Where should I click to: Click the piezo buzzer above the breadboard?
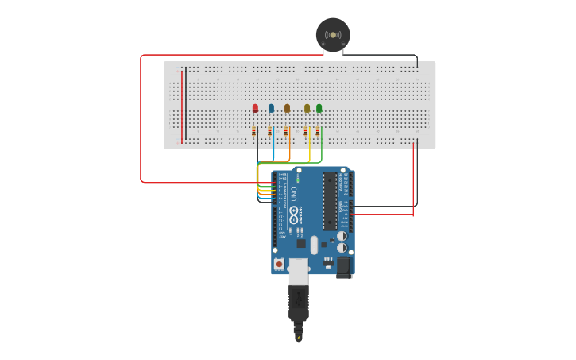click(x=333, y=34)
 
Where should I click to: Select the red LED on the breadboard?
click(x=255, y=108)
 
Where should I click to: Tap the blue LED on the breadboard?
click(x=271, y=108)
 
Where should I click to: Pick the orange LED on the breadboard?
click(x=288, y=108)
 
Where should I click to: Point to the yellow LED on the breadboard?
click(x=307, y=108)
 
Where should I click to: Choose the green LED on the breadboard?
click(x=319, y=108)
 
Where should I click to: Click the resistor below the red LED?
click(x=254, y=132)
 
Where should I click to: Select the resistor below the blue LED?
click(x=270, y=132)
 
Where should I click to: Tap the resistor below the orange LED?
click(x=288, y=132)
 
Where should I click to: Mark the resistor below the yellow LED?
click(x=306, y=132)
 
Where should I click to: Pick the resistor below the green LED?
click(x=318, y=132)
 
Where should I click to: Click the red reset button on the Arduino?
click(x=279, y=263)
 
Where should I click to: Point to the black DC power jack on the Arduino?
click(x=344, y=267)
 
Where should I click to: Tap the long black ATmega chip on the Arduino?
click(x=329, y=201)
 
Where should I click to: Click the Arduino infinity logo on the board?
click(x=293, y=214)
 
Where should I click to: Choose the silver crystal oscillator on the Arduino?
click(x=314, y=245)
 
